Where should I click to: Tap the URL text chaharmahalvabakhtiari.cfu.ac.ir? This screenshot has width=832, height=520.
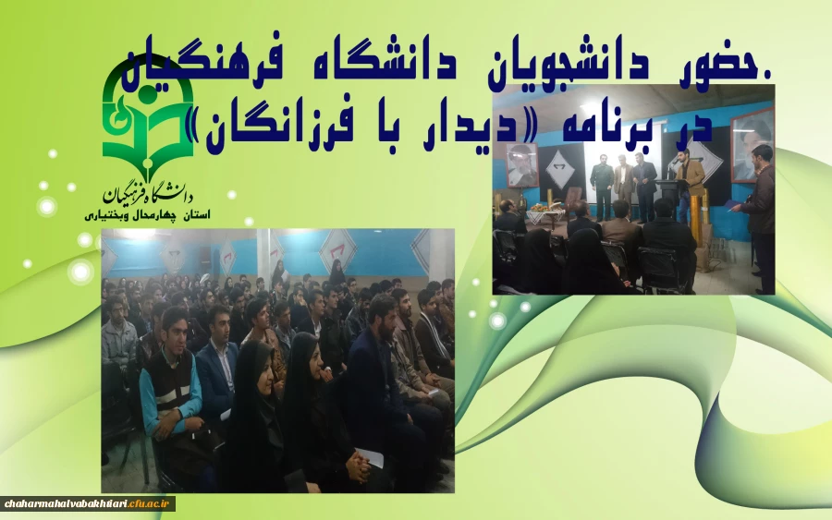tap(88, 503)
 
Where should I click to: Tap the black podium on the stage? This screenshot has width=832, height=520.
tap(664, 203)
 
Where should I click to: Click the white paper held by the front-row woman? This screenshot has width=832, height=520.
tap(369, 457)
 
